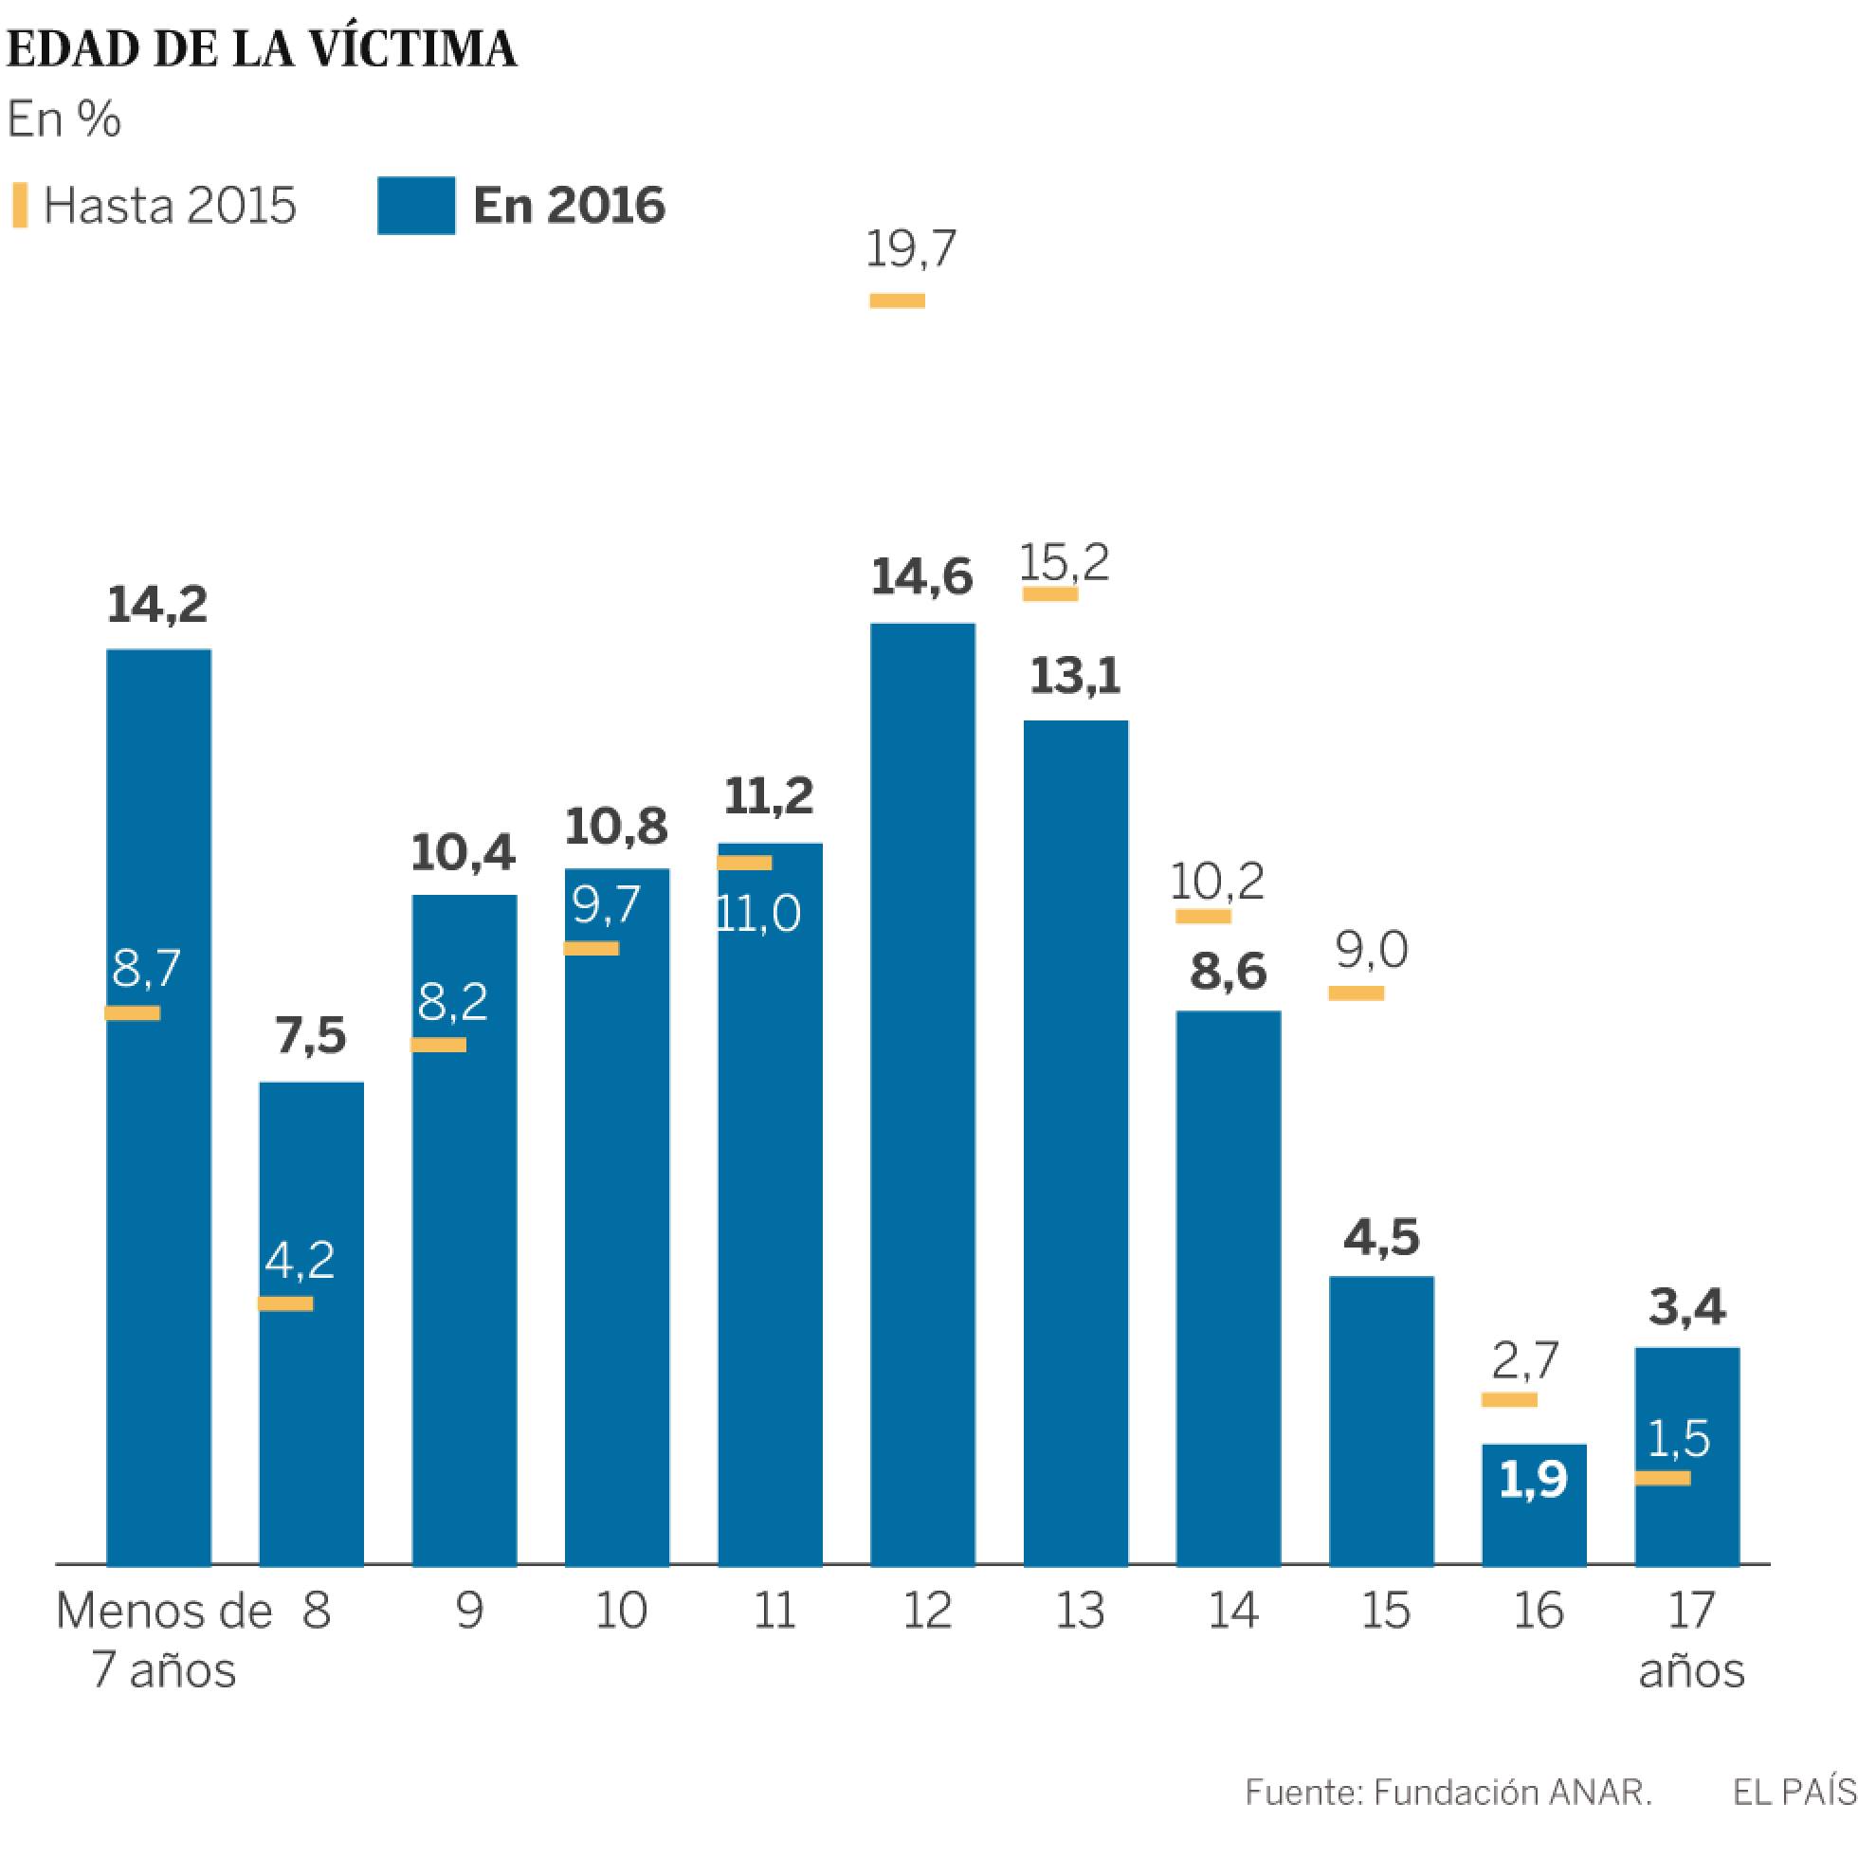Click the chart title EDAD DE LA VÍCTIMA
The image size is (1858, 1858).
click(262, 50)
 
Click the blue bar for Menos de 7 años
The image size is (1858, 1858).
click(158, 1106)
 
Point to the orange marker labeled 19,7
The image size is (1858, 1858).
click(897, 301)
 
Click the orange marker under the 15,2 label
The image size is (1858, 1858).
click(1049, 594)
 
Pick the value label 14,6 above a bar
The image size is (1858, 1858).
click(921, 577)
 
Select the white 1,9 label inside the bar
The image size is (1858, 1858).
click(1533, 1480)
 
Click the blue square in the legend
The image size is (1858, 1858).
click(415, 206)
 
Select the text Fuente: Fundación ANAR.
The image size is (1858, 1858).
click(1448, 1793)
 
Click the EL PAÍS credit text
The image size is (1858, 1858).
click(1794, 1793)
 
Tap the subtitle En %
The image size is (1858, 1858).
click(64, 121)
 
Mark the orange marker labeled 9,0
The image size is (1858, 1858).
click(1356, 993)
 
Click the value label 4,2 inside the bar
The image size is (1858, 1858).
click(300, 1260)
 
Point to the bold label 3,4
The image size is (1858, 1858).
click(1686, 1307)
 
